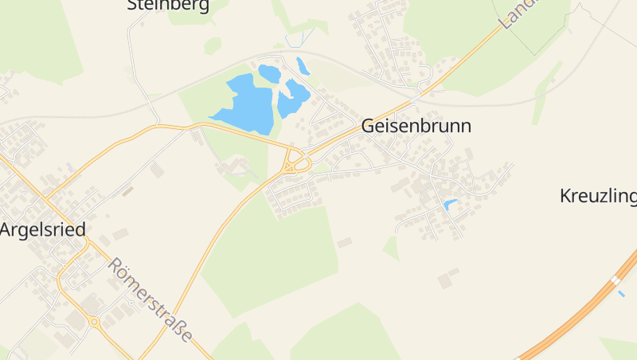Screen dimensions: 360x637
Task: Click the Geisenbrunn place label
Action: [416, 126]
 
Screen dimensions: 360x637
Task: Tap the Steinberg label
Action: [168, 6]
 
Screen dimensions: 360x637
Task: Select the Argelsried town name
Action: [42, 229]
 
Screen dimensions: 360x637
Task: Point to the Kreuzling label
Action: [598, 196]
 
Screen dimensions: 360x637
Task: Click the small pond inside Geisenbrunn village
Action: [451, 205]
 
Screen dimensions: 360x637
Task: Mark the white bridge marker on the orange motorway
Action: [616, 281]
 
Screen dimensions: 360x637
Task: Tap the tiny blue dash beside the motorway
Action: [621, 293]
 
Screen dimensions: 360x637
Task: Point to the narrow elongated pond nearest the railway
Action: [303, 65]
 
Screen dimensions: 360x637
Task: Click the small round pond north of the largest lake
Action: [269, 73]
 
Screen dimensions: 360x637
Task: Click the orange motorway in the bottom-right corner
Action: [573, 319]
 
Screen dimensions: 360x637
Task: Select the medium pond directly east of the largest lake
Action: [293, 98]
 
